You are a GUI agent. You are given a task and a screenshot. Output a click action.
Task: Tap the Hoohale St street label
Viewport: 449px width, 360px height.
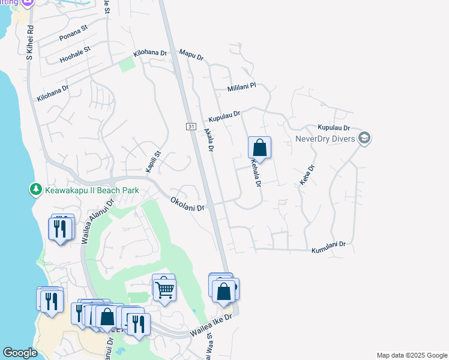(x=75, y=54)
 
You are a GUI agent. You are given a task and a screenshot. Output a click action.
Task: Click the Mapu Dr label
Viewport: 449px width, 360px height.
(x=192, y=55)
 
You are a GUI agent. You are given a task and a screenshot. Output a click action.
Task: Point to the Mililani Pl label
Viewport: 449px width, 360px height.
(x=241, y=88)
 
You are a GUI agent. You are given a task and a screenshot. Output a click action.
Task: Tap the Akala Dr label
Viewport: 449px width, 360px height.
(x=209, y=139)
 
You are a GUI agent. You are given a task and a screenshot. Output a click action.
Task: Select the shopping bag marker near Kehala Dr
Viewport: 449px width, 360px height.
(x=259, y=147)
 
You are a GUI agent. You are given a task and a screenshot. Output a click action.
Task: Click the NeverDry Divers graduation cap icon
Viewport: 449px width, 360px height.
(x=364, y=139)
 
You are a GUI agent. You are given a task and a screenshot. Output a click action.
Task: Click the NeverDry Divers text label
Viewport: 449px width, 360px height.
(x=326, y=139)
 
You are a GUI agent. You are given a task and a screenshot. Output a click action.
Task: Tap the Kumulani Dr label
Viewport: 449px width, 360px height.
(x=328, y=245)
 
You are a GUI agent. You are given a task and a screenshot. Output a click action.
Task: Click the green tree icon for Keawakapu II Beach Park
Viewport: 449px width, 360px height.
(x=35, y=190)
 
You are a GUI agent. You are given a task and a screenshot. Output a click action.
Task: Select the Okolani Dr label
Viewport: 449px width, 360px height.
(x=187, y=204)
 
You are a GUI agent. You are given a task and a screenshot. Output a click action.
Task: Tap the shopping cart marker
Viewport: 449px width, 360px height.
(x=164, y=289)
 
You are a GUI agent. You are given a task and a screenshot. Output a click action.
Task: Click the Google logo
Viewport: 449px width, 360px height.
(x=20, y=353)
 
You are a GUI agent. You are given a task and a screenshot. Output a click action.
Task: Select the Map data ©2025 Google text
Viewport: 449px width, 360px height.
(x=411, y=355)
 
